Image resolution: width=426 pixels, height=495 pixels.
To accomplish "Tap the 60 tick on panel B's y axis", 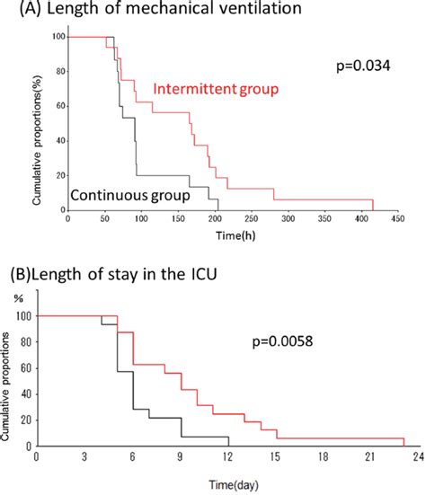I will [x=26, y=368].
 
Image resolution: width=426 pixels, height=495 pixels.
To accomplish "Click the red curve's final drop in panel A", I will [x=372, y=205].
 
